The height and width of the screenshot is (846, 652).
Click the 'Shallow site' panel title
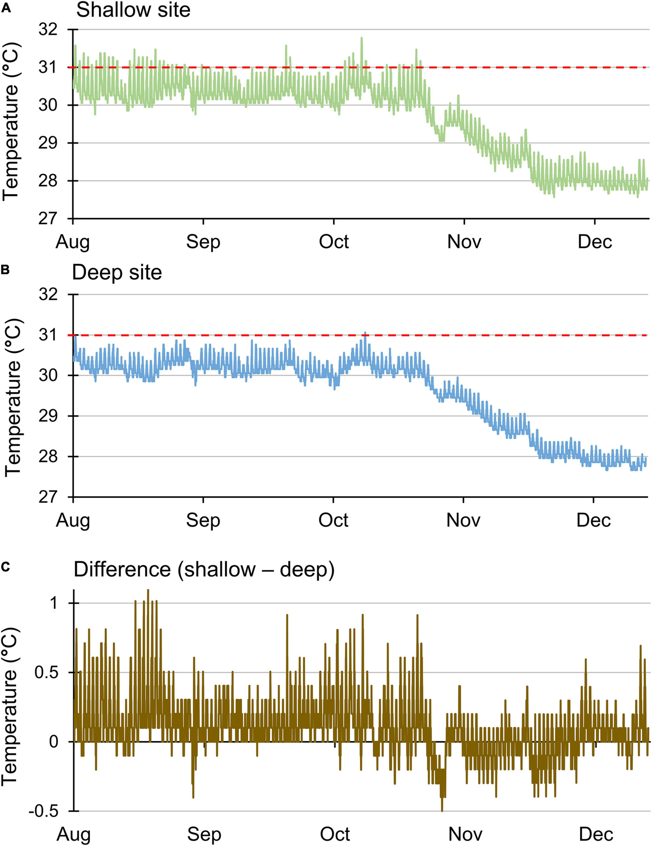pyautogui.click(x=133, y=10)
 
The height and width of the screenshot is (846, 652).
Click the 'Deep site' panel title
pyautogui.click(x=117, y=272)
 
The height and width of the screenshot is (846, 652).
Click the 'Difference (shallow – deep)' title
pyautogui.click(x=204, y=570)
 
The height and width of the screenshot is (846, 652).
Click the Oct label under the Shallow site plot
pyautogui.click(x=333, y=242)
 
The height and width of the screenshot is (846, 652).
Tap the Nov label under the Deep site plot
pyautogui.click(x=463, y=520)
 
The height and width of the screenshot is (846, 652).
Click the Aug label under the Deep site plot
pyautogui.click(x=73, y=520)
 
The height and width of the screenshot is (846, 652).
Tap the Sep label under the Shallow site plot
pyautogui.click(x=203, y=242)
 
